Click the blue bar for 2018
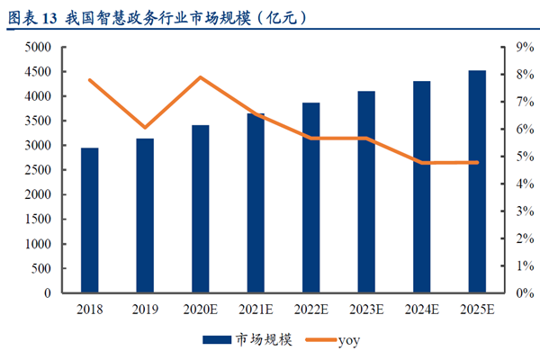click(90, 220)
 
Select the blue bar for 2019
click(145, 216)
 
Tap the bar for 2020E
click(201, 209)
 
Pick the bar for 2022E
click(310, 198)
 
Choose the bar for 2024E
click(421, 187)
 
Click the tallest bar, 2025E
click(477, 182)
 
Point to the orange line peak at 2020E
click(201, 77)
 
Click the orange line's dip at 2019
click(145, 128)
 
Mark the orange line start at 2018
click(90, 80)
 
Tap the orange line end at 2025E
click(477, 162)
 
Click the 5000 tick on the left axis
click(40, 47)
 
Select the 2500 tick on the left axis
click(40, 170)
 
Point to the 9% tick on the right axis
click(514, 47)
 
